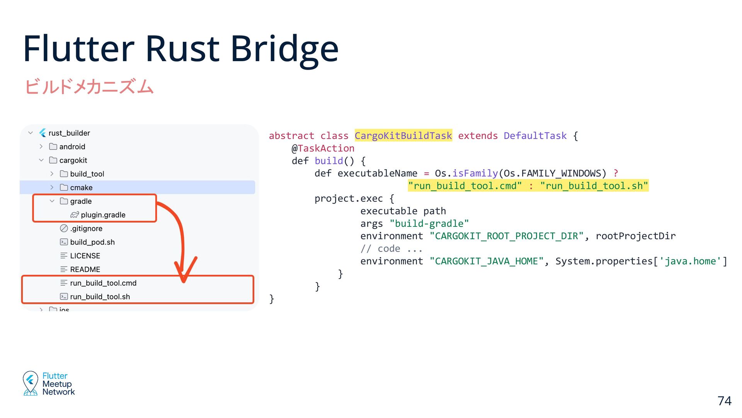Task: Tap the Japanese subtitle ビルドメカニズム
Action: (x=89, y=86)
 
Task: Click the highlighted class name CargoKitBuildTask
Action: (x=403, y=136)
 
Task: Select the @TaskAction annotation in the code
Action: (x=323, y=148)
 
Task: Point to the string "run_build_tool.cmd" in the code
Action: (x=465, y=186)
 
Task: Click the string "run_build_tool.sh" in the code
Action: (x=594, y=186)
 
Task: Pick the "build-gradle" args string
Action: (x=429, y=224)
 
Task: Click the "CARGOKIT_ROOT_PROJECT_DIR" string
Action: (x=506, y=236)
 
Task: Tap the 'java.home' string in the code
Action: (x=690, y=261)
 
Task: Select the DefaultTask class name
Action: (x=535, y=136)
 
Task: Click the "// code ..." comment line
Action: (x=391, y=249)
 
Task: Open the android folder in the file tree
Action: (x=72, y=147)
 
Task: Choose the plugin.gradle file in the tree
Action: (x=103, y=215)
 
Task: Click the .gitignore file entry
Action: (x=86, y=228)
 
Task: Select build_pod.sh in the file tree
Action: (x=92, y=242)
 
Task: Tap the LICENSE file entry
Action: (x=85, y=256)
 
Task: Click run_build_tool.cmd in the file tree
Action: (x=103, y=283)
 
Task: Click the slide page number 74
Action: (x=724, y=401)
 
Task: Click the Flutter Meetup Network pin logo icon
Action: (x=30, y=383)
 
